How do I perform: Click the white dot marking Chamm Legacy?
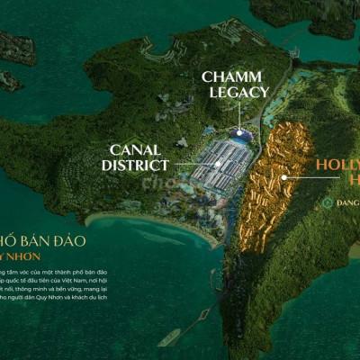pyautogui.click(x=238, y=130)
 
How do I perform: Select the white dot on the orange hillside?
pyautogui.click(x=284, y=177)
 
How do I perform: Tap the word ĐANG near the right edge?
pyautogui.click(x=346, y=203)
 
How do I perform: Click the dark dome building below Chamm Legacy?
pyautogui.click(x=239, y=137)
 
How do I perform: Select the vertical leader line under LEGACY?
pyautogui.click(x=238, y=115)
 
